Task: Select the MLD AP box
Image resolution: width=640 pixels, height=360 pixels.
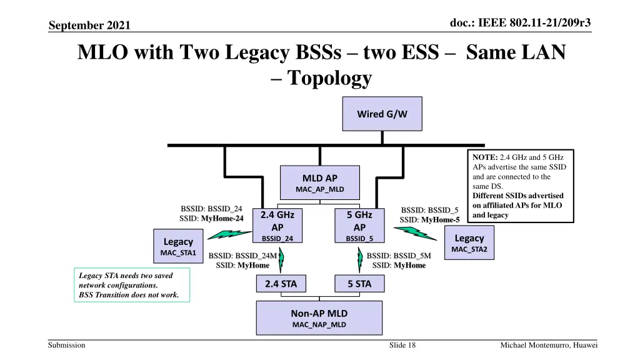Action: click(320, 183)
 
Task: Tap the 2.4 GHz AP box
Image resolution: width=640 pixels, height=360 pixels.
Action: click(277, 225)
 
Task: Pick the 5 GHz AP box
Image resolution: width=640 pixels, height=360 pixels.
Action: click(359, 225)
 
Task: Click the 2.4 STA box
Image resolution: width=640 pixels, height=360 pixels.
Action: click(281, 284)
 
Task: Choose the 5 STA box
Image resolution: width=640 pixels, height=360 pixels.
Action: click(359, 284)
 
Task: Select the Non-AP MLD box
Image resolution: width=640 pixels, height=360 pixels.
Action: click(319, 318)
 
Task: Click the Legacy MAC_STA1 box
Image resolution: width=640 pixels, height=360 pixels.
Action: click(178, 246)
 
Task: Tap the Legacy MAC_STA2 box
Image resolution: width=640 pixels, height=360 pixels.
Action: click(469, 243)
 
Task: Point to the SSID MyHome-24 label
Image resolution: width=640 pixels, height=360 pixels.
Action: click(211, 218)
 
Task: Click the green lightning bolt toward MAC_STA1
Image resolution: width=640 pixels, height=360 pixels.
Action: click(225, 234)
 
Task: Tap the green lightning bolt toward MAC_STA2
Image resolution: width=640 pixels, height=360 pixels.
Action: click(415, 233)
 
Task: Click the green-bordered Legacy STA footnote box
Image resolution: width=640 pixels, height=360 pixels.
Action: click(132, 285)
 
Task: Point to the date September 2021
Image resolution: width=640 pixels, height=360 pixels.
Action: click(89, 25)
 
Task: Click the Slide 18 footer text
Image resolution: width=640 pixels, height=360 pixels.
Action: click(402, 346)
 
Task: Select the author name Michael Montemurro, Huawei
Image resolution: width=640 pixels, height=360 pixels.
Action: click(549, 346)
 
